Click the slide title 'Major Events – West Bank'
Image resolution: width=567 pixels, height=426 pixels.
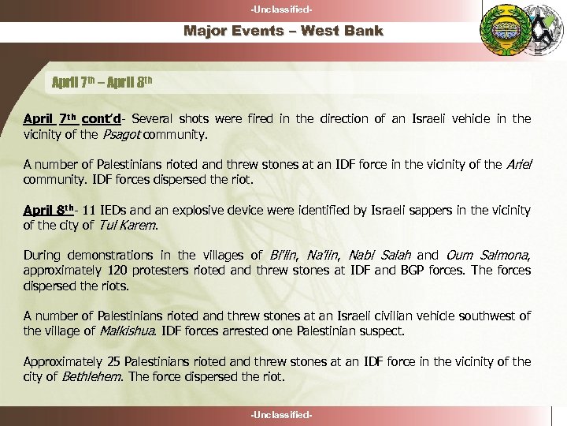click(283, 32)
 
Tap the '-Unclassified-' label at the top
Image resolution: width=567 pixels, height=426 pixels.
click(283, 9)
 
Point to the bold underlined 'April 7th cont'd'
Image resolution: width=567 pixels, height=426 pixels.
click(72, 118)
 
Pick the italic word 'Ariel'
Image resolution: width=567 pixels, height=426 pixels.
click(517, 164)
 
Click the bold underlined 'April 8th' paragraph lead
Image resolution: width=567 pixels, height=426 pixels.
click(50, 210)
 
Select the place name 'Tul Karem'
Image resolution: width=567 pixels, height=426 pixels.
click(125, 226)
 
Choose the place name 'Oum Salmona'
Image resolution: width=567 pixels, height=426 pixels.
click(487, 256)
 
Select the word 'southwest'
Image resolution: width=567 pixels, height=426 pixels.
click(490, 316)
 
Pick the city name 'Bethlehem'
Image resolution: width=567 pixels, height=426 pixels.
click(92, 376)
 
